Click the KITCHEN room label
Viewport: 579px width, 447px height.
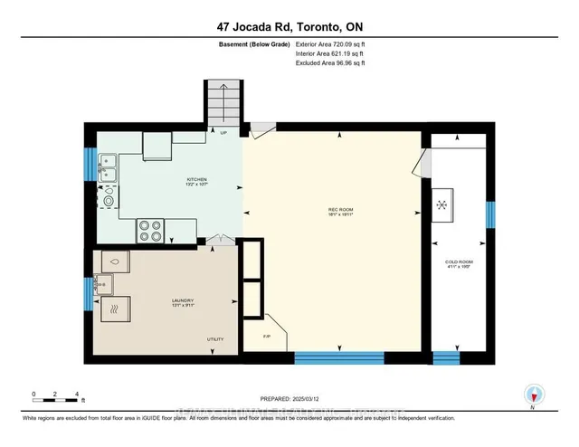pos(197,181)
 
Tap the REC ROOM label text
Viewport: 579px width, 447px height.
pos(339,213)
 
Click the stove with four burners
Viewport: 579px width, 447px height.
pos(151,231)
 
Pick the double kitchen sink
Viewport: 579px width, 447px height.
pos(107,170)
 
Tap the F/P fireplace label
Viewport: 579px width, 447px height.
pos(267,336)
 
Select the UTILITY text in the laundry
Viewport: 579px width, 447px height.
pos(215,339)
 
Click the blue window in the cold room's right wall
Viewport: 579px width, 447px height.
pos(489,214)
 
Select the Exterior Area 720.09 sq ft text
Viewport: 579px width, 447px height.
pos(335,43)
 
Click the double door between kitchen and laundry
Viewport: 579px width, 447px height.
pos(218,243)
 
